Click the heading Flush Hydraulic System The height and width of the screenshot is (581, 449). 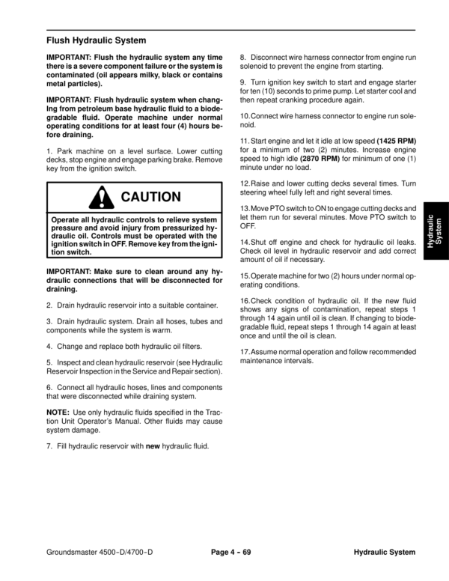pos(96,39)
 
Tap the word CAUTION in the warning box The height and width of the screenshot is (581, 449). pos(150,198)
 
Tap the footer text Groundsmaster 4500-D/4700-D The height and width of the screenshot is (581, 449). pos(101,552)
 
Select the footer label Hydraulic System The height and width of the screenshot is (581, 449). pos(385,552)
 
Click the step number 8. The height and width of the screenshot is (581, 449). pos(242,57)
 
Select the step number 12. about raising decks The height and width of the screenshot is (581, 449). pos(245,183)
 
